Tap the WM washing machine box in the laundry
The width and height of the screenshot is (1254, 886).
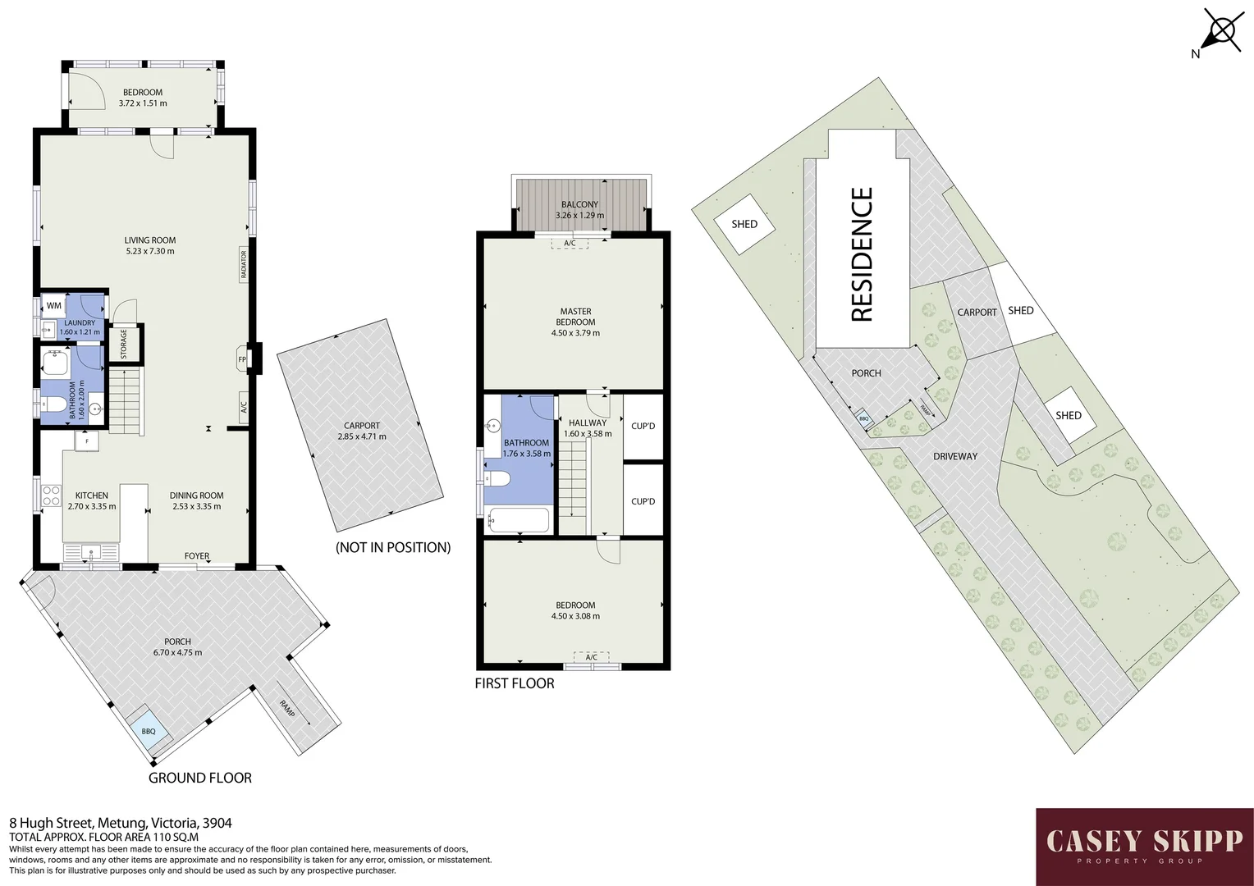(54, 305)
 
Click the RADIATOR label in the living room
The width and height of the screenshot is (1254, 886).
(243, 265)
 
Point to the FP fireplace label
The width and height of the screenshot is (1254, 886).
(242, 359)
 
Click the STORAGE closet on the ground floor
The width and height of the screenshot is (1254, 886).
(125, 344)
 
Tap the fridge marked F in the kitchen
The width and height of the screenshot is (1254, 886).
(86, 441)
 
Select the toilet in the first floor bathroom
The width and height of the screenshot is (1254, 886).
(497, 478)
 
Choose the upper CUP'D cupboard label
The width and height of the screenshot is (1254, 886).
(643, 426)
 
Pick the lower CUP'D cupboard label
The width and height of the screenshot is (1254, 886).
(643, 501)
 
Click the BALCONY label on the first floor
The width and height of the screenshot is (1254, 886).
(579, 204)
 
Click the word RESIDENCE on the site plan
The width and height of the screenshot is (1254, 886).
(862, 254)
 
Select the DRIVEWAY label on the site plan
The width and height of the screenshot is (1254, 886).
(954, 456)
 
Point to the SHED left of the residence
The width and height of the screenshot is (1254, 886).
(744, 224)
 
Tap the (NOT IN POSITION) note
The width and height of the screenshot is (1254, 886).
(393, 547)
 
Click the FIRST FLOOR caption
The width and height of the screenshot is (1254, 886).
(515, 683)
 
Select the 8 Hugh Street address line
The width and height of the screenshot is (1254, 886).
(120, 822)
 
